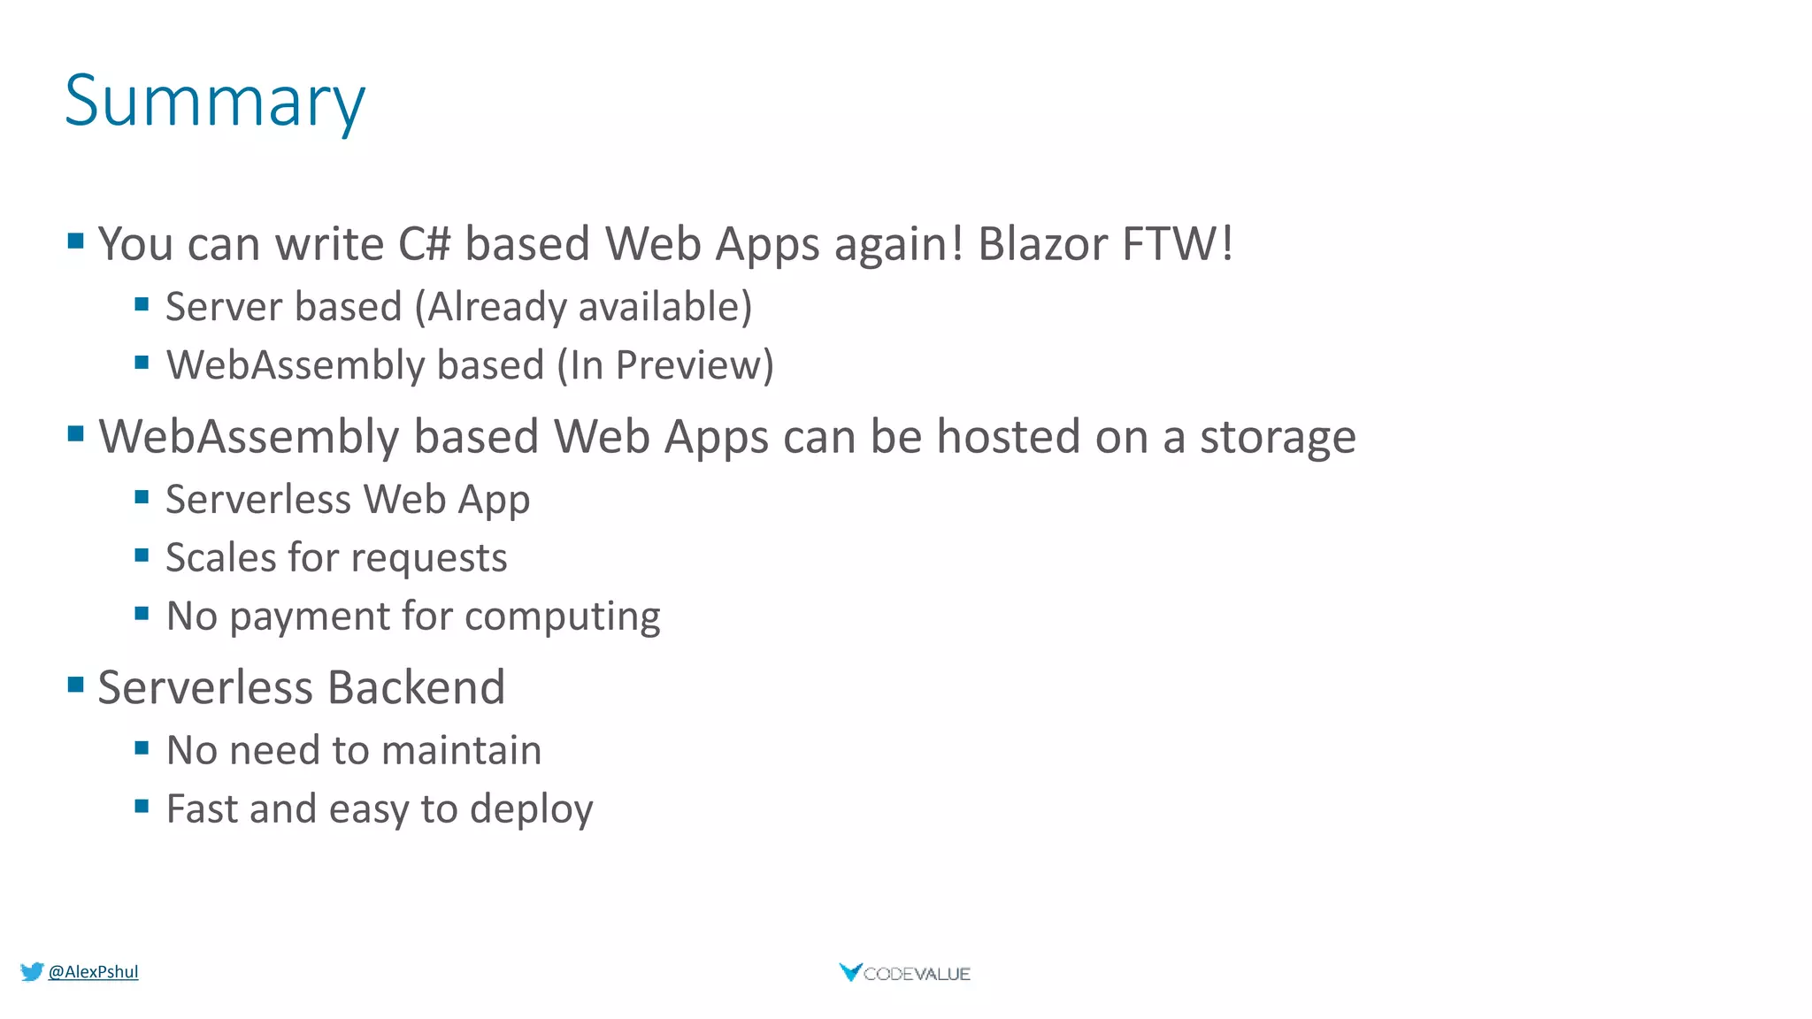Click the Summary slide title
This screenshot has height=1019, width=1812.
(214, 102)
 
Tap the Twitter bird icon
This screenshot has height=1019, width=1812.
(32, 971)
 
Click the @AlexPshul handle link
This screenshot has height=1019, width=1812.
(93, 971)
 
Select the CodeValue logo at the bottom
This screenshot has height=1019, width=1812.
(904, 973)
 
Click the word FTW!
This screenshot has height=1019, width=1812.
(1178, 244)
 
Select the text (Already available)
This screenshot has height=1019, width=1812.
(584, 308)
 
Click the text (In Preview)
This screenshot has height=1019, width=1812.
(665, 366)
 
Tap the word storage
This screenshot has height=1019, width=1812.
(1277, 438)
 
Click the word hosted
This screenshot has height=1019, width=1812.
(1008, 437)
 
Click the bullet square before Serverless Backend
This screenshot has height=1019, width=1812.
(76, 684)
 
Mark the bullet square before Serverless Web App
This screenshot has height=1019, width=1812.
(142, 496)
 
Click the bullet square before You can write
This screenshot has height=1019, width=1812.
(76, 240)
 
